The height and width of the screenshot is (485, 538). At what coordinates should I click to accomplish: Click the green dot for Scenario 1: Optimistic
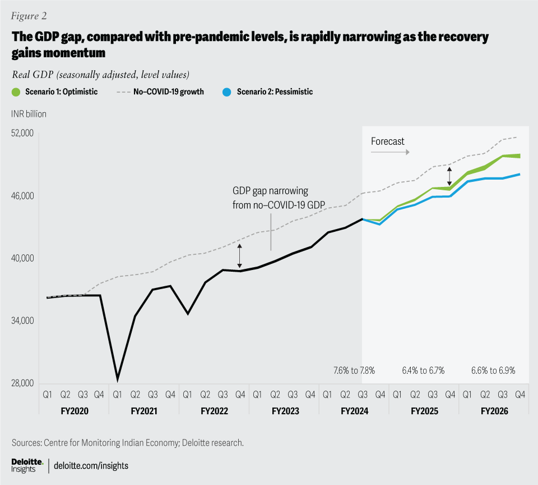(16, 91)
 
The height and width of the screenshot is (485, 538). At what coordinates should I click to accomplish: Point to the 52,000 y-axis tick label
(23, 134)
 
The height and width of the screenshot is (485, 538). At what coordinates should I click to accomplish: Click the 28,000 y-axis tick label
(23, 384)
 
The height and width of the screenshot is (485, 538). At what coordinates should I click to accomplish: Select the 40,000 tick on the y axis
(23, 259)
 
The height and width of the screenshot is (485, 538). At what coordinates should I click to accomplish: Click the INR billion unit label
(29, 114)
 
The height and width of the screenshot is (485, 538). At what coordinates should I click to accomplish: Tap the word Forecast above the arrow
(387, 141)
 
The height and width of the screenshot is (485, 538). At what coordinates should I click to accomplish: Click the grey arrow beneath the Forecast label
(390, 152)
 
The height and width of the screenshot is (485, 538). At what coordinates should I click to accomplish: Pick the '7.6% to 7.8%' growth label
(354, 370)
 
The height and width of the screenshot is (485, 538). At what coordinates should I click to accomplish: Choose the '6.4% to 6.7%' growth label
(423, 370)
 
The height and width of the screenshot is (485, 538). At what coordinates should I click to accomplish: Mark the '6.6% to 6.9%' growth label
(493, 370)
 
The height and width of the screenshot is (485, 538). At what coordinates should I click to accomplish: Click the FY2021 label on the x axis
(143, 411)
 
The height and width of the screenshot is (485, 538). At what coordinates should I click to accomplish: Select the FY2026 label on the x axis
(494, 411)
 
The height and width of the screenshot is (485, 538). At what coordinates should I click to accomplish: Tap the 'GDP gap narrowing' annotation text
(270, 190)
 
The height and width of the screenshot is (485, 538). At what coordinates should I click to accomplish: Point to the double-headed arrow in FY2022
(240, 256)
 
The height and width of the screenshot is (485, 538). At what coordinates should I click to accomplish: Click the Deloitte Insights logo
(28, 465)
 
